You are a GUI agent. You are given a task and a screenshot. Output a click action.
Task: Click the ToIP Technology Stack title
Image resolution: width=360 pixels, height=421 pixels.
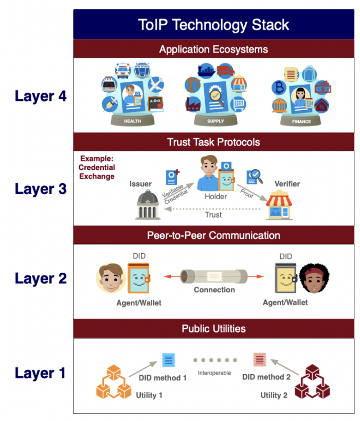pos(213,24)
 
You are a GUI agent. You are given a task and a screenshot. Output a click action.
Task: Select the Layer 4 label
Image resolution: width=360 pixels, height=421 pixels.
pos(40,96)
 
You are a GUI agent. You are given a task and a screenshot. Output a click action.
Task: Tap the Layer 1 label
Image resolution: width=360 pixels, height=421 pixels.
pos(40,373)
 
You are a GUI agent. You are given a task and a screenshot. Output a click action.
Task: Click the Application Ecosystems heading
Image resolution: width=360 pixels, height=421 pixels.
pos(213,49)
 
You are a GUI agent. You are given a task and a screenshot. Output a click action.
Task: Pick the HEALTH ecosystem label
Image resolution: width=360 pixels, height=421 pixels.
pos(132,121)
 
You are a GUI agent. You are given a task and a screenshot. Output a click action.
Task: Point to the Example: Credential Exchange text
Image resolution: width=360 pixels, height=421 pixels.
pos(97,167)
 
